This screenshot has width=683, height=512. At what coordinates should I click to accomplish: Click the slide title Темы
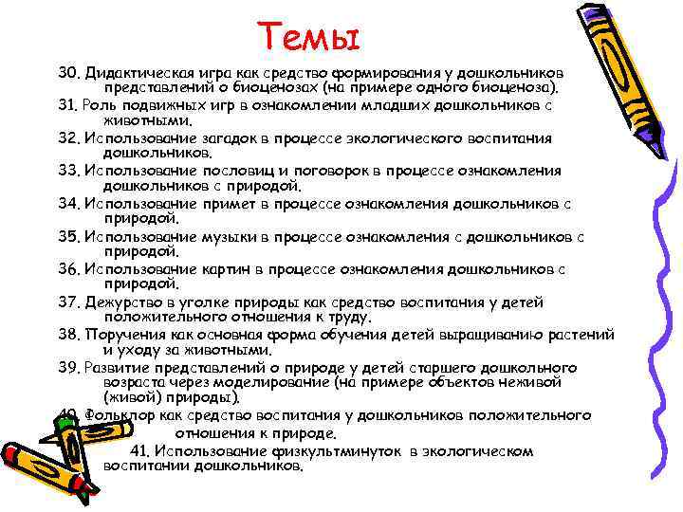click(x=311, y=38)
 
